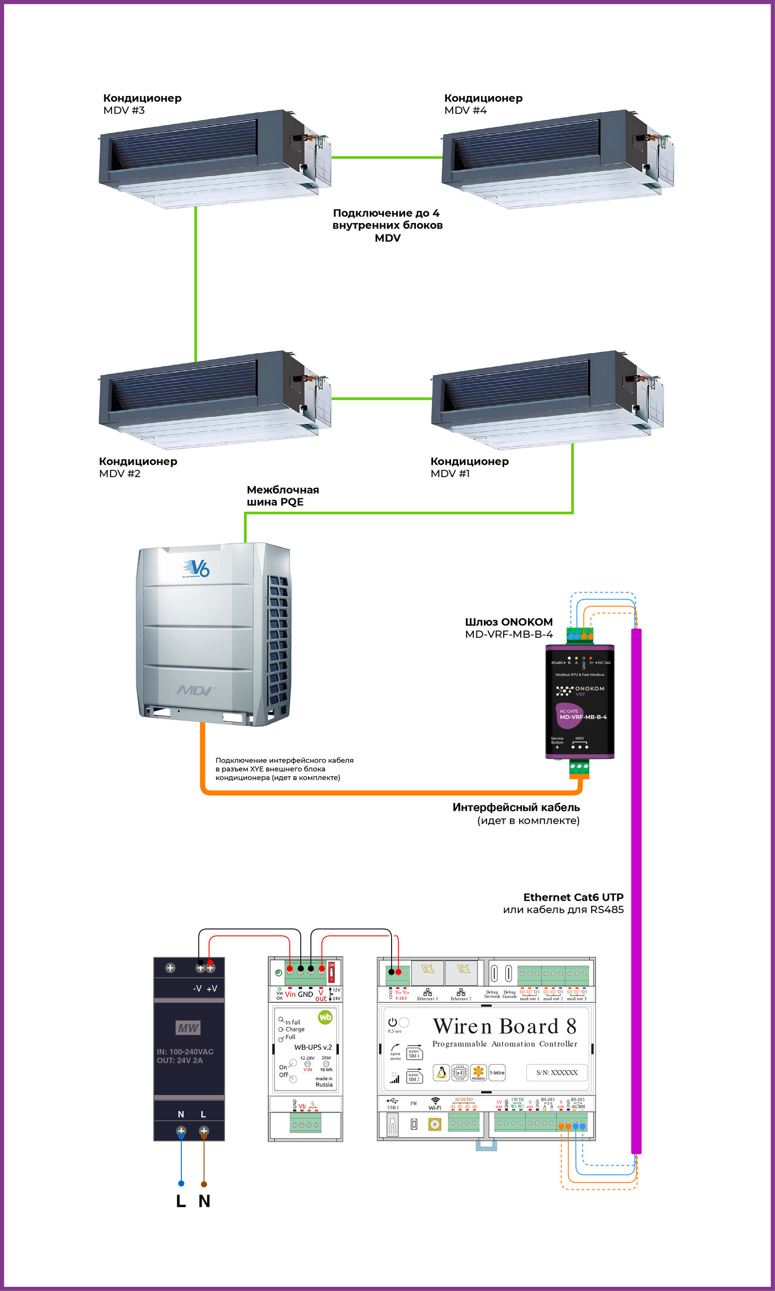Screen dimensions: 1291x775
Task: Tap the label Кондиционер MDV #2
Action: click(x=138, y=467)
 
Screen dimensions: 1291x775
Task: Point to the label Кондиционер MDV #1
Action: click(x=469, y=467)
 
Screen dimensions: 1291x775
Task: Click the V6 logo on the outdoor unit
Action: click(x=197, y=568)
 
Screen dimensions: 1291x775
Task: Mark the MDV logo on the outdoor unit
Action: click(x=195, y=690)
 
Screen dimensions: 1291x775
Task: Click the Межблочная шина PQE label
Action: click(x=283, y=496)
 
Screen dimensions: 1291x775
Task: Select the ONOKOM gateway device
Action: click(x=580, y=701)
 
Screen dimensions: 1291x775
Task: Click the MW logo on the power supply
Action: click(x=188, y=1028)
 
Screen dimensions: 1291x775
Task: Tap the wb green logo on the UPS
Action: click(x=325, y=1017)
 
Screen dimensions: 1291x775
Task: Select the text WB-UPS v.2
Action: click(x=313, y=1047)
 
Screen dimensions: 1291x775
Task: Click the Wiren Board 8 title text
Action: click(x=504, y=1027)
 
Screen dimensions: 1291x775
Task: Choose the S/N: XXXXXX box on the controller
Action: click(x=556, y=1073)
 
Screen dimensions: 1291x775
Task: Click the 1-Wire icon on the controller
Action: click(x=497, y=1073)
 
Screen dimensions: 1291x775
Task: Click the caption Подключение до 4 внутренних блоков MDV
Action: click(x=387, y=226)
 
